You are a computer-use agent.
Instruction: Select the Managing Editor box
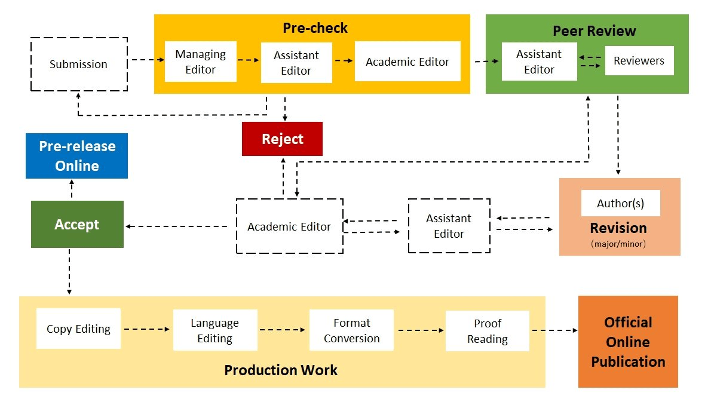200,62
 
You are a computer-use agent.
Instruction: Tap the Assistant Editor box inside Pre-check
296,63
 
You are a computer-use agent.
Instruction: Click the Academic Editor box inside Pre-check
407,61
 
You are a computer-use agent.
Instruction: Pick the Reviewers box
639,61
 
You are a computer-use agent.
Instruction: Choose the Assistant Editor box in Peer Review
539,62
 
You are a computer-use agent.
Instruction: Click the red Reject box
282,139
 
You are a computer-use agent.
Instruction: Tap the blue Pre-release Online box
76,156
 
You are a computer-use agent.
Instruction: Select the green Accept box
77,224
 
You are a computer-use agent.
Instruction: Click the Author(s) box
621,203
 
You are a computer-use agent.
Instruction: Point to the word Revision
618,228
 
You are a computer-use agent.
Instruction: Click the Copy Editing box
78,329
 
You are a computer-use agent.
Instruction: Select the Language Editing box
215,330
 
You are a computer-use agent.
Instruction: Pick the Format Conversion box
351,330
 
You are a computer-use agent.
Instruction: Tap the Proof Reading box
488,331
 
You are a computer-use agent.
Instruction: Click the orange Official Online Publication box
628,342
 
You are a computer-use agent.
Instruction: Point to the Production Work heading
281,370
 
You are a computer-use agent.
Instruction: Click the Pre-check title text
315,28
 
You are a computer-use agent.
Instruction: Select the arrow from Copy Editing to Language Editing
147,329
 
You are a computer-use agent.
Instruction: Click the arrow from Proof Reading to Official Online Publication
554,330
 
